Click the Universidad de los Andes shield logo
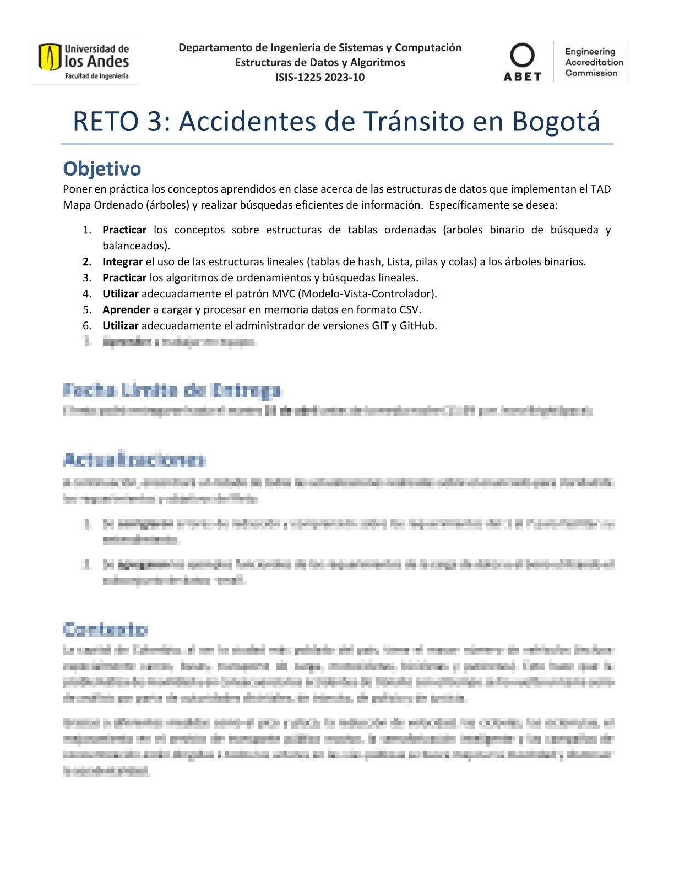point(49,57)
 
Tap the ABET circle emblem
point(522,55)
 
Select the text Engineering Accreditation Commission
point(594,62)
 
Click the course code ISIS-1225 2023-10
point(320,78)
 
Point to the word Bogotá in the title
point(556,122)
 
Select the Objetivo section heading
point(102,168)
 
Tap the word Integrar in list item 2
point(122,262)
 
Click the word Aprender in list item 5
point(126,310)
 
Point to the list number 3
point(87,278)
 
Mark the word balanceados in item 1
point(135,246)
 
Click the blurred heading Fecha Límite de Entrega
point(172,391)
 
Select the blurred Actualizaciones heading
point(134,460)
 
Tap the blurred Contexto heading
point(105,629)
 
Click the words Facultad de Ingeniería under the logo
point(96,77)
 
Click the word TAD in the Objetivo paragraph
point(600,189)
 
